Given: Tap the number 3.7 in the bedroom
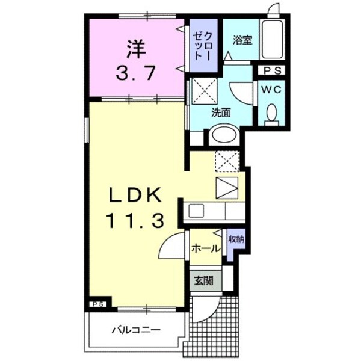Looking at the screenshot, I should [x=136, y=73].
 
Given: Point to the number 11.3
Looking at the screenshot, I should [x=136, y=221].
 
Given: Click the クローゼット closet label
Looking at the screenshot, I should [x=201, y=42].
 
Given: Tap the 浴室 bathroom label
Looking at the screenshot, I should [x=242, y=40].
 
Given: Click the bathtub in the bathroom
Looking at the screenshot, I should [x=275, y=40].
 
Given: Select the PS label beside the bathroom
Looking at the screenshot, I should [x=274, y=70].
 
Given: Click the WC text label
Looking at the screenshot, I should [x=274, y=88].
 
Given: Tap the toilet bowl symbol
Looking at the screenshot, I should [x=271, y=113].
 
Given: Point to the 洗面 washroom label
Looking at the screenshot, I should [x=221, y=112].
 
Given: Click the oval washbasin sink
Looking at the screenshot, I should [x=224, y=134].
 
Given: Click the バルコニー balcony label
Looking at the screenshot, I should [x=136, y=330].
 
